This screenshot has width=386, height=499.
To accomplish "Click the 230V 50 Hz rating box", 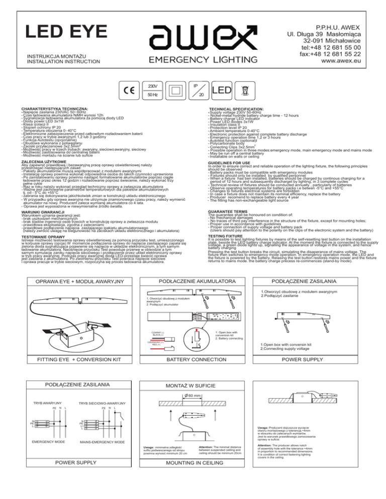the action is tap(153, 89).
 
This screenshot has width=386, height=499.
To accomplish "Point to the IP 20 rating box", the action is tap(214, 89).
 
